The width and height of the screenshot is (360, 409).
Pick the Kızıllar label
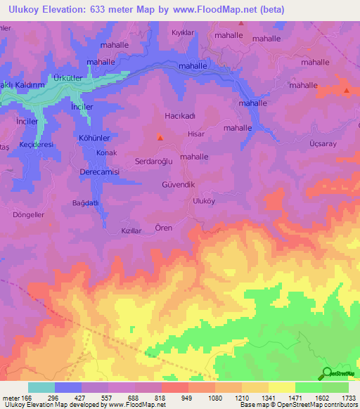(x=132, y=231)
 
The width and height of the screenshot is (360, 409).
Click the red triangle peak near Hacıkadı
(x=160, y=138)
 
